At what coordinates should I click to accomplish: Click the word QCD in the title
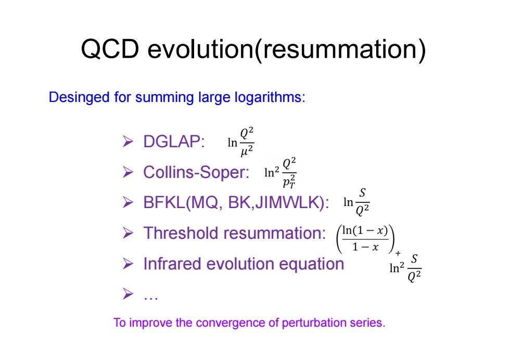pyautogui.click(x=110, y=49)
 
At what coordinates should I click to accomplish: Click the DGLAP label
pyautogui.click(x=174, y=142)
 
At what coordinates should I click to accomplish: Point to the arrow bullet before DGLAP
pyautogui.click(x=128, y=142)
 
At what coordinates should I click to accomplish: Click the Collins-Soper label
pyautogui.click(x=196, y=172)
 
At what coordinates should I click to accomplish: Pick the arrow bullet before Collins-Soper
pyautogui.click(x=128, y=172)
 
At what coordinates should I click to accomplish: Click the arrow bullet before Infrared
pyautogui.click(x=128, y=264)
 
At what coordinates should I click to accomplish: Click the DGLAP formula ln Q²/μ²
pyautogui.click(x=240, y=143)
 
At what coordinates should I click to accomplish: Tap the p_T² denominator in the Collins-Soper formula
pyautogui.click(x=289, y=182)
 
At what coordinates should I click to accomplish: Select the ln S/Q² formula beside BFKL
pyautogui.click(x=356, y=202)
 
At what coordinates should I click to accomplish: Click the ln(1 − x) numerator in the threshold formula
pyautogui.click(x=365, y=230)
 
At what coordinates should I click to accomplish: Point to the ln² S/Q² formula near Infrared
pyautogui.click(x=405, y=268)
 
